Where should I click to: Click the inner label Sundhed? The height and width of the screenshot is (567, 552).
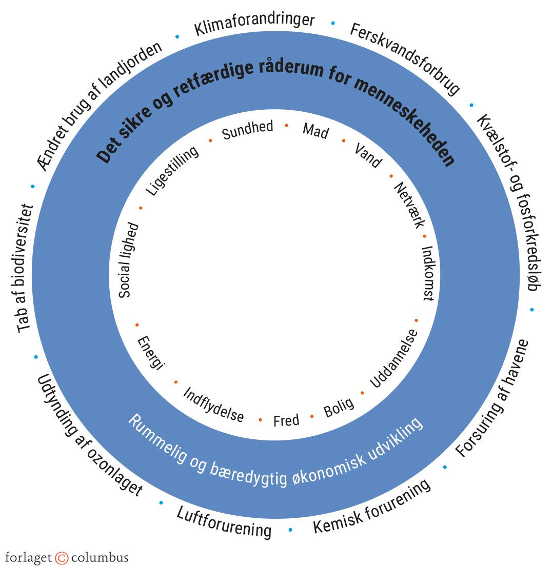[247, 130]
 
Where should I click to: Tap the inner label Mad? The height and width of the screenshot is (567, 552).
[315, 131]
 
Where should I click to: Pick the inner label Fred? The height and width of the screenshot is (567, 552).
[286, 421]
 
